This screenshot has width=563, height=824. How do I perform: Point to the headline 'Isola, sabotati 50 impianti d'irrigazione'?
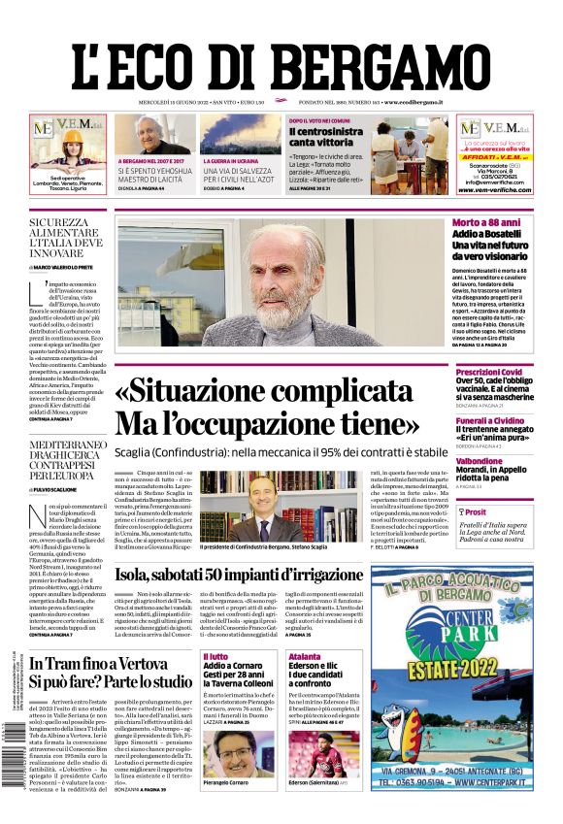point(252,575)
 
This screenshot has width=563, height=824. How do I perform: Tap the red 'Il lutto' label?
point(215,657)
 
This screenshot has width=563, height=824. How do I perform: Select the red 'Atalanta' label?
point(304,657)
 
